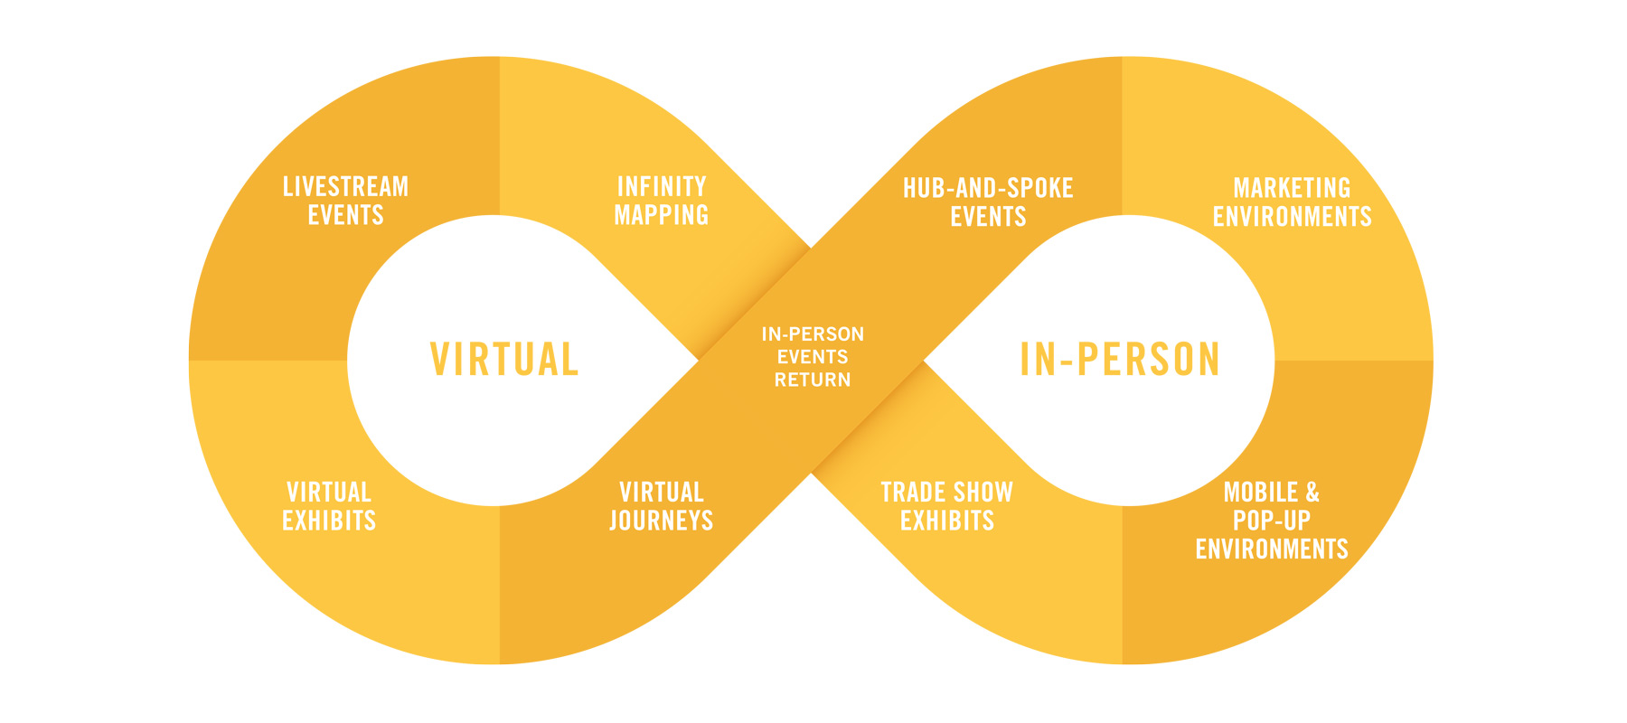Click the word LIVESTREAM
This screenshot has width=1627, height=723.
(x=345, y=187)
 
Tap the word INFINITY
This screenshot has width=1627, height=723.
(x=662, y=187)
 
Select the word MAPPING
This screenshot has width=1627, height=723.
(x=662, y=215)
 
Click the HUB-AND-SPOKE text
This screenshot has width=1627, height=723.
(x=988, y=188)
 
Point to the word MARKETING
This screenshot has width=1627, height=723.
(x=1292, y=188)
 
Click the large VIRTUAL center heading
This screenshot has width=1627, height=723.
(x=504, y=360)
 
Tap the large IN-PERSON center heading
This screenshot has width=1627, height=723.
(x=1120, y=360)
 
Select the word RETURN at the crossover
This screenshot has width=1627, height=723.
(x=813, y=380)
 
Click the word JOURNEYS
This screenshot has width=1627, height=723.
(x=662, y=521)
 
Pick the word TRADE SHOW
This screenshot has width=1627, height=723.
(x=946, y=493)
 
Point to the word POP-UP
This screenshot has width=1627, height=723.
(x=1271, y=521)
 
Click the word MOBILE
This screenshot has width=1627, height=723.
(x=1260, y=493)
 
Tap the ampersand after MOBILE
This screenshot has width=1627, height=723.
(x=1312, y=493)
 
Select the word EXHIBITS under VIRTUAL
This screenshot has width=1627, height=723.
(x=329, y=521)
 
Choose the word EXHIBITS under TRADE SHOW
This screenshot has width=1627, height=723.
(x=947, y=521)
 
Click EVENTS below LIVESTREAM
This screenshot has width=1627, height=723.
(x=345, y=215)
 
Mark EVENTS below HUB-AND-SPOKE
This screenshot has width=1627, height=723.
(x=988, y=217)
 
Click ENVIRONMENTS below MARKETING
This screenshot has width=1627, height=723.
(x=1292, y=217)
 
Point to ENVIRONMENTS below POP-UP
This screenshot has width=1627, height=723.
(x=1271, y=549)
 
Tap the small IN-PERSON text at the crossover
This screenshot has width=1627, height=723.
(x=813, y=334)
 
